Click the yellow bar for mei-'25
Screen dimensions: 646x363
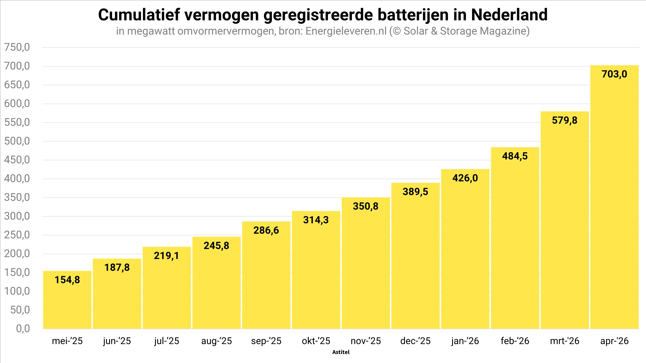point(67,300)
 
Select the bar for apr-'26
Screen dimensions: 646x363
point(614,197)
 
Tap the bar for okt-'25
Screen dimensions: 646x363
point(316,270)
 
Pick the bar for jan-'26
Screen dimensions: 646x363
point(465,249)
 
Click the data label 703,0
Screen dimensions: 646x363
point(614,74)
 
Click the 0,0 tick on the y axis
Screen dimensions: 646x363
point(23,329)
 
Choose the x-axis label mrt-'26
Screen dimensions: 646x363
point(565,341)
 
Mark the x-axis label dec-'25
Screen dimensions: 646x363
point(416,341)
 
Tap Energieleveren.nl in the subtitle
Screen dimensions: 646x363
point(346,31)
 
